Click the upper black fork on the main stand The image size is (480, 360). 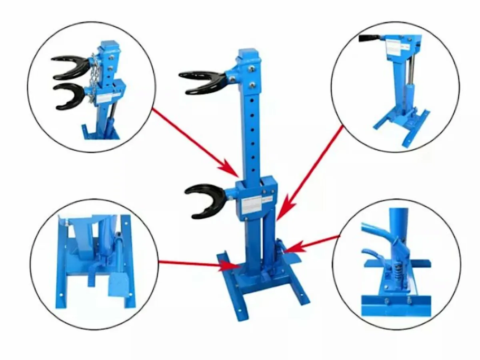point(200,80)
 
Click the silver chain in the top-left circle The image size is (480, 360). point(94,80)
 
